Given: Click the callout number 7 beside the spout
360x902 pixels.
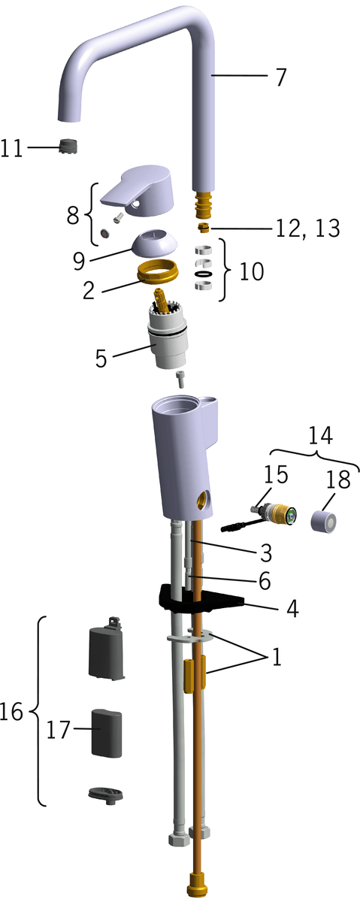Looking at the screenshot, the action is point(281,77).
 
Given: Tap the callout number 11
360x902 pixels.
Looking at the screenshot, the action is point(11,148).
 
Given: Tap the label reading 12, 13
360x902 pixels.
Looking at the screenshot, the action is point(308,229).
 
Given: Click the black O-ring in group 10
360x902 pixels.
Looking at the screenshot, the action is point(204,274).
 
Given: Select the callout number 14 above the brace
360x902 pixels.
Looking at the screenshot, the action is point(321,436).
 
